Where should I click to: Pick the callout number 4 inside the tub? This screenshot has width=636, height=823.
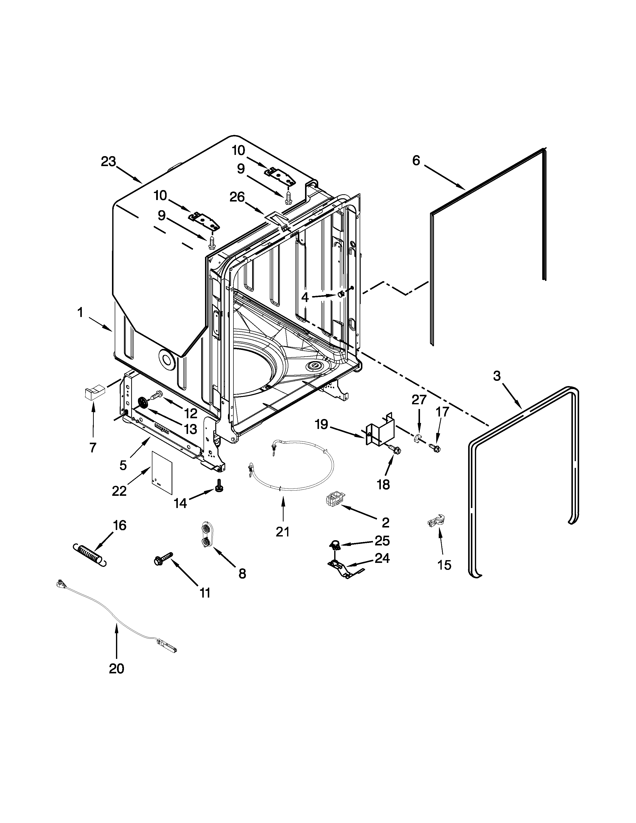(x=305, y=298)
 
